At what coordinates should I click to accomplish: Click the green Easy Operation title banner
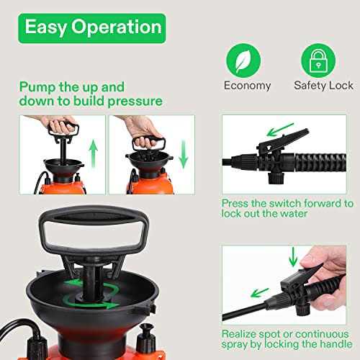(93, 27)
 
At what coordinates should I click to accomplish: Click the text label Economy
(247, 86)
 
